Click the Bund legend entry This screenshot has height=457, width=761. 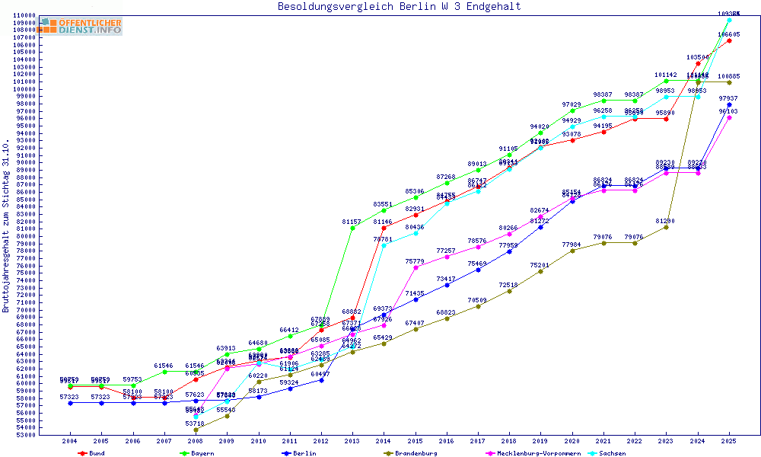92,453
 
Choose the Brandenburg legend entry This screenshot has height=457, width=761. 411,453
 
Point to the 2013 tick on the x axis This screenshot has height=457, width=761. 352,440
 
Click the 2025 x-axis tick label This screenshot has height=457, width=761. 729,440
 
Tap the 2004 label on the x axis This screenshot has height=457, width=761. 70,440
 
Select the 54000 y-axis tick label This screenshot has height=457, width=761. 27,428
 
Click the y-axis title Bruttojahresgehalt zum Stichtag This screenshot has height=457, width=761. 7,226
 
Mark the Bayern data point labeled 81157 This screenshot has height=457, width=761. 352,228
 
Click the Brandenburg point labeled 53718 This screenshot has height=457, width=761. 196,430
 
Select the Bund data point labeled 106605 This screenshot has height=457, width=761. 729,40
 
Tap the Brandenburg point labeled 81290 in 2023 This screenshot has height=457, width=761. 666,227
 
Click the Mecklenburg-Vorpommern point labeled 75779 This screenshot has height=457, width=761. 415,267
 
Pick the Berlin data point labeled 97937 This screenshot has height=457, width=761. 729,104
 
